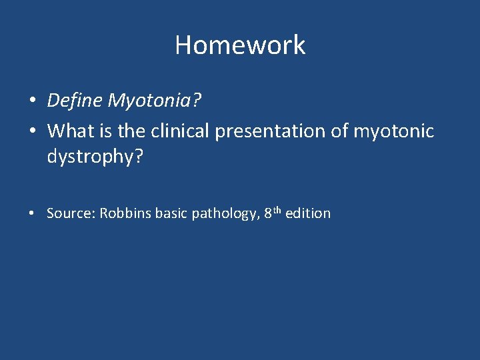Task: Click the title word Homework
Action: pyautogui.click(x=240, y=45)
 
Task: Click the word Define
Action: pyautogui.click(x=75, y=101)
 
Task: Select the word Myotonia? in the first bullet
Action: pyautogui.click(x=153, y=101)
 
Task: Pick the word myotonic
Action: pyautogui.click(x=393, y=131)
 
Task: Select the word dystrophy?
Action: pyautogui.click(x=95, y=157)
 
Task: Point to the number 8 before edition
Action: pyautogui.click(x=268, y=213)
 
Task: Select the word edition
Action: pyautogui.click(x=308, y=213)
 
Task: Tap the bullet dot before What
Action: pyautogui.click(x=32, y=131)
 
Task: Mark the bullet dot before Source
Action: pyautogui.click(x=32, y=214)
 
